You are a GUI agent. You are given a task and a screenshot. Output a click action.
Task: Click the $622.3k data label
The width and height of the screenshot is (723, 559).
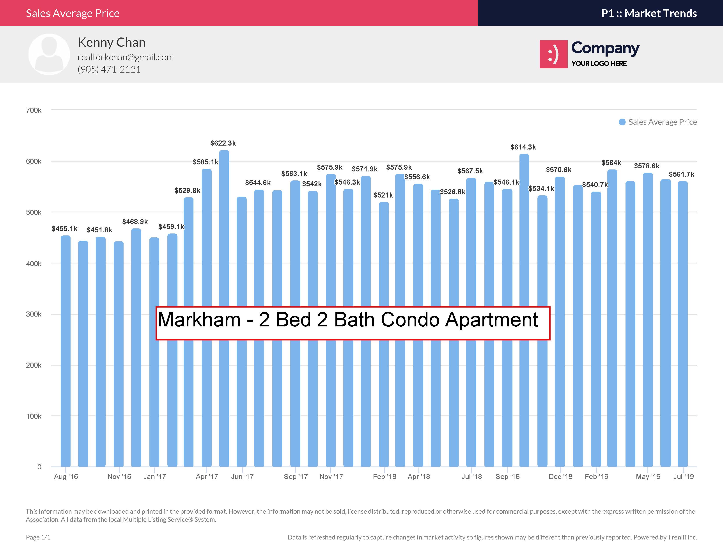tap(223, 143)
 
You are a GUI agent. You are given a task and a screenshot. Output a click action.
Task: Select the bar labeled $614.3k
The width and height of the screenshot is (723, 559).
tap(524, 310)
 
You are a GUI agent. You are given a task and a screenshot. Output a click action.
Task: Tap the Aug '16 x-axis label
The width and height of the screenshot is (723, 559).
tap(66, 477)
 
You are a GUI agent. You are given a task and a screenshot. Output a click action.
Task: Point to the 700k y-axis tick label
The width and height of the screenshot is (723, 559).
tap(34, 110)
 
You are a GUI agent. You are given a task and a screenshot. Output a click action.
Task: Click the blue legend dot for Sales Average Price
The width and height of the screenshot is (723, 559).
tap(622, 122)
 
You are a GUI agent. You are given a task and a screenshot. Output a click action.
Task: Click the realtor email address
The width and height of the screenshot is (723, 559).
tap(126, 57)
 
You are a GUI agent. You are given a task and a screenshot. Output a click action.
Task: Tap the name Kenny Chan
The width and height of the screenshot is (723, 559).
tap(112, 42)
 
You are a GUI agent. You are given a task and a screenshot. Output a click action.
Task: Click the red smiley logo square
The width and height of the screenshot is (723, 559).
tap(553, 54)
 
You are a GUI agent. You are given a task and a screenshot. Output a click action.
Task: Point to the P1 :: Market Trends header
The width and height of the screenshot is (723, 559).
tap(649, 13)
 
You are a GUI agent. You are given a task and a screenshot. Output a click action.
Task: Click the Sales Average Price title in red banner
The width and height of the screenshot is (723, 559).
tap(73, 13)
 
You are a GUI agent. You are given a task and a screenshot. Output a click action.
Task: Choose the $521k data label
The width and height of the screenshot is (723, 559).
tap(383, 195)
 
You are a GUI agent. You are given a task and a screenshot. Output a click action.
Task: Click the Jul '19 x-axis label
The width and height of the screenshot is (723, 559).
tap(684, 477)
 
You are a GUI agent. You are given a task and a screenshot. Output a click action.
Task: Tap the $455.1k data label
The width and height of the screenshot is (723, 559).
tap(65, 228)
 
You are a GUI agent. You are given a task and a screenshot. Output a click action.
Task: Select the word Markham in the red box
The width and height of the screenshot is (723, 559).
tap(199, 320)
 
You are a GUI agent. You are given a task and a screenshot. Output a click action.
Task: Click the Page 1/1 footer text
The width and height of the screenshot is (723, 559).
tap(38, 537)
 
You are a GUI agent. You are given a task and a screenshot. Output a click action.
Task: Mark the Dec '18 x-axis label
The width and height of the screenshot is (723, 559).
tap(560, 477)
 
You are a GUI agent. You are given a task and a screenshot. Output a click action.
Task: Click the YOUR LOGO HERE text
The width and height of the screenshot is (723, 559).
tap(599, 64)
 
